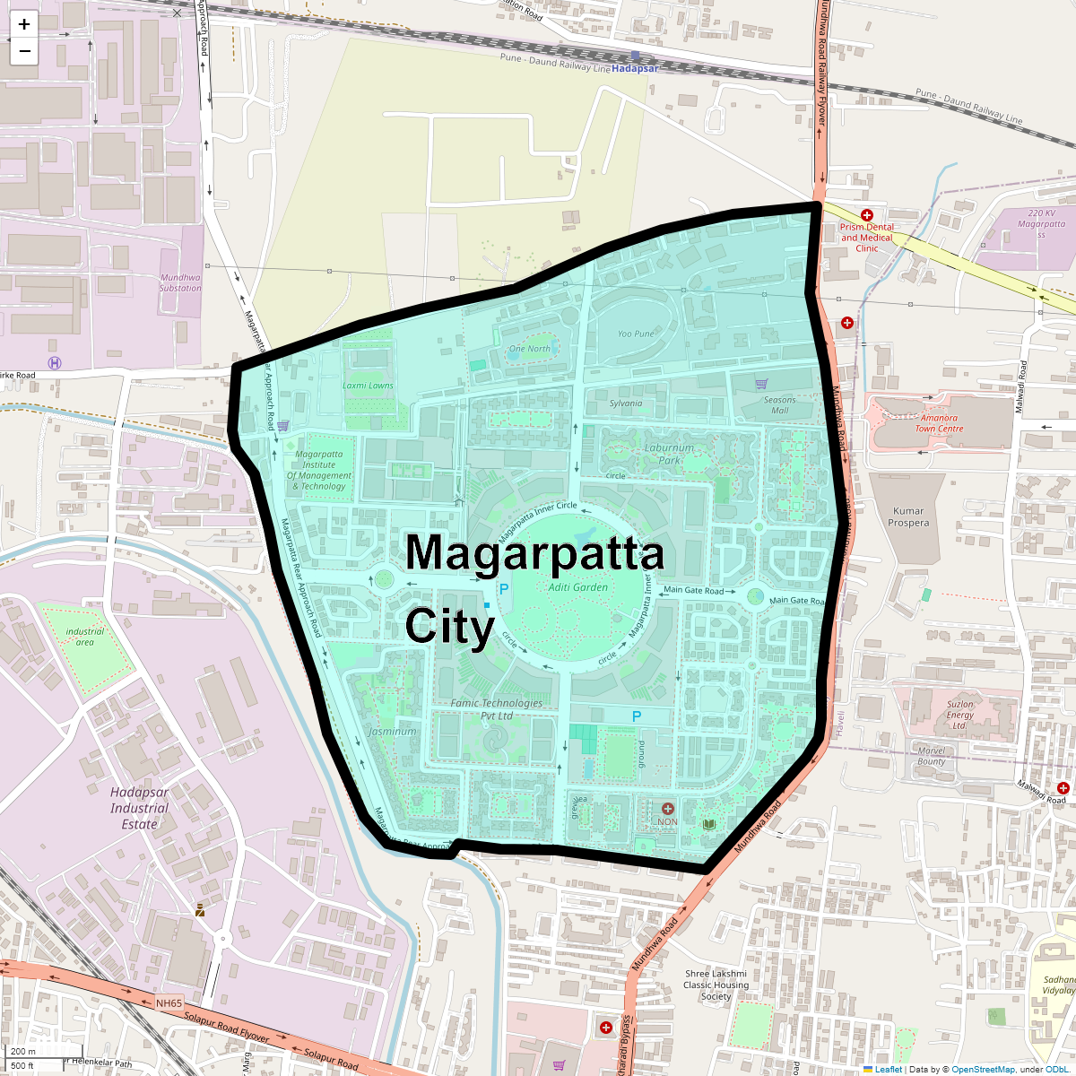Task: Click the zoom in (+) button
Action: (x=24, y=24)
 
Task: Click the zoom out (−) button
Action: (x=24, y=51)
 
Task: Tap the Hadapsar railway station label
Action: (x=635, y=68)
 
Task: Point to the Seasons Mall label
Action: (x=779, y=405)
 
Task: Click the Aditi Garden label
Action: (x=578, y=587)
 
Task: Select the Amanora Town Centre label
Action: (x=939, y=423)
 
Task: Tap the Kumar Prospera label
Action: (x=908, y=516)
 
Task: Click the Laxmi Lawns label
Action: (x=368, y=386)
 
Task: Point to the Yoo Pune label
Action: (x=636, y=334)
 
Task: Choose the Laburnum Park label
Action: (x=669, y=454)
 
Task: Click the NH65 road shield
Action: (x=169, y=1003)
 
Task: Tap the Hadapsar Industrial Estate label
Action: (x=139, y=808)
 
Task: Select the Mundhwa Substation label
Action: (x=180, y=282)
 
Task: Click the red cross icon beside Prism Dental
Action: (x=866, y=215)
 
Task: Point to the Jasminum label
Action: (x=392, y=731)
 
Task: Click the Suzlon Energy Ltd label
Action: (x=959, y=715)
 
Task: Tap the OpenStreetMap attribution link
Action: (x=983, y=1069)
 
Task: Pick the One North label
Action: (x=530, y=349)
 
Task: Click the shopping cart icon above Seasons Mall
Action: (x=761, y=384)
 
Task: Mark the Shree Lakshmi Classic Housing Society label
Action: (x=716, y=985)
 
